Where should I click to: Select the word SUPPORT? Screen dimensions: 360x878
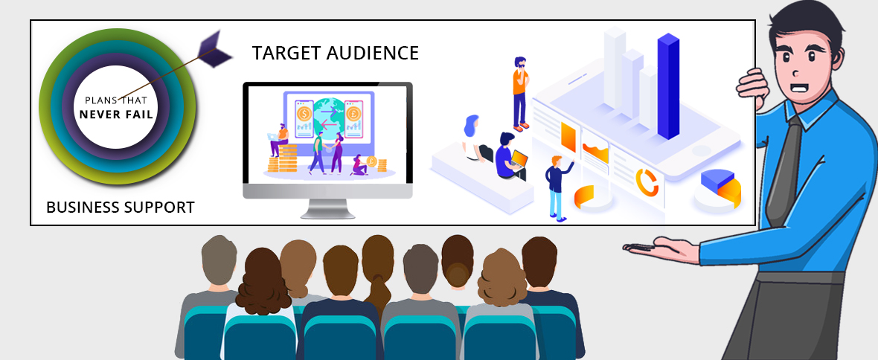pyautogui.click(x=158, y=207)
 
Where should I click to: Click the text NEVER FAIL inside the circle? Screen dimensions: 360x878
pyautogui.click(x=117, y=115)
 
